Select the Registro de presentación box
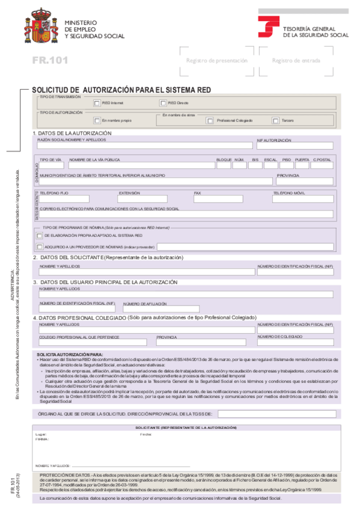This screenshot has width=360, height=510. click(x=216, y=61)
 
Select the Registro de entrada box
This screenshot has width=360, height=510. click(x=296, y=61)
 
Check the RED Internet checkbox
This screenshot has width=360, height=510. click(x=97, y=103)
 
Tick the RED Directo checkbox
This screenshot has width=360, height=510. click(x=163, y=103)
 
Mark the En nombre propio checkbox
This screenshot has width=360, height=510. click(x=97, y=120)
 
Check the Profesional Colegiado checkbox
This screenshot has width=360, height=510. click(x=210, y=120)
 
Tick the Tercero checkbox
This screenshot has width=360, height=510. click(x=276, y=120)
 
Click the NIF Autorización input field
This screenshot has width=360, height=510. click(x=294, y=146)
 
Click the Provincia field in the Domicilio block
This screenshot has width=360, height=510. click(x=304, y=181)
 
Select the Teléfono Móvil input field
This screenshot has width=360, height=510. click(x=303, y=198)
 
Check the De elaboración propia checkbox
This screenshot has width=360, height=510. click(x=40, y=235)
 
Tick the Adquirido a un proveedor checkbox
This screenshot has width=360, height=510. click(x=40, y=246)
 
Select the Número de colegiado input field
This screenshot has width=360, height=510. click(x=294, y=342)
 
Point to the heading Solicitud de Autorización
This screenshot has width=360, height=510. click(x=121, y=89)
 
